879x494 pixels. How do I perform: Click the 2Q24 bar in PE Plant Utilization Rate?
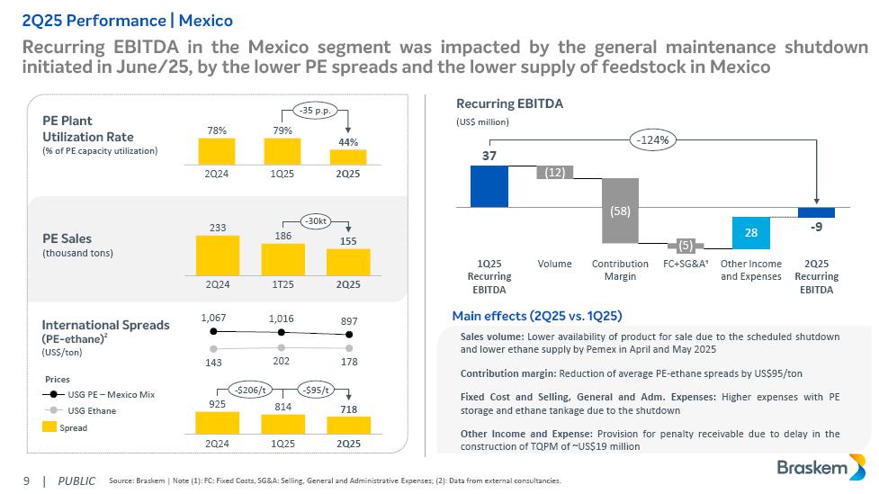click(217, 150)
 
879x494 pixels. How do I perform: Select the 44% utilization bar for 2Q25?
click(348, 156)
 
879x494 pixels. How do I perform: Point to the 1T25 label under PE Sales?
click(283, 284)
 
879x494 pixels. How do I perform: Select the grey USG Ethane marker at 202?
click(283, 346)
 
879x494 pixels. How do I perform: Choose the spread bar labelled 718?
click(348, 421)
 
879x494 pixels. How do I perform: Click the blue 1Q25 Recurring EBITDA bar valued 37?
click(489, 186)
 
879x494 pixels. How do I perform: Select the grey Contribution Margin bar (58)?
click(620, 211)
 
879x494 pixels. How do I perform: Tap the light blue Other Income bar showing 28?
click(750, 231)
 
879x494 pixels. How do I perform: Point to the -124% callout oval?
click(652, 139)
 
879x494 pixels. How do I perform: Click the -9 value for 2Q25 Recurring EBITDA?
click(815, 227)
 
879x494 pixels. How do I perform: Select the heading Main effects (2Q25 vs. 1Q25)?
click(537, 315)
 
